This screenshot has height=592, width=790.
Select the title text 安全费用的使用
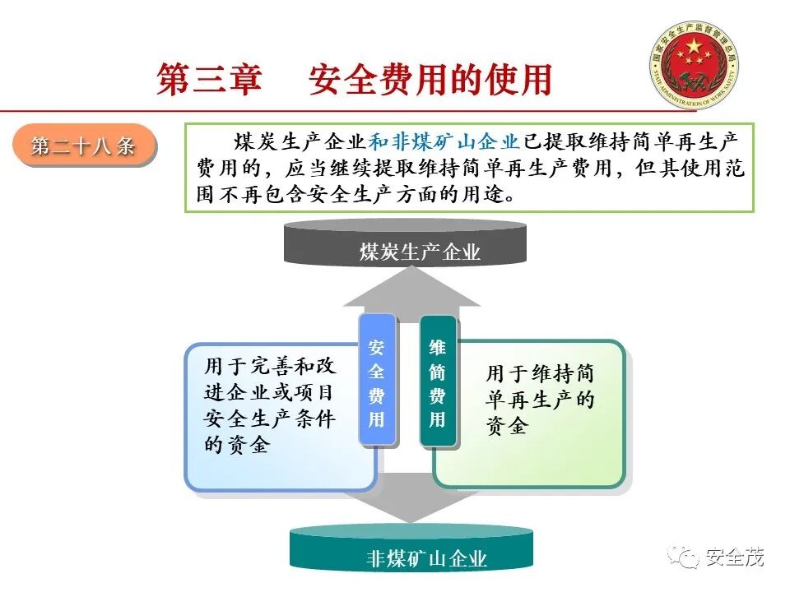(430, 80)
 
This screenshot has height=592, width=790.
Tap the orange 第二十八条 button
(83, 146)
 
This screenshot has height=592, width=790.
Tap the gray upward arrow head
(411, 289)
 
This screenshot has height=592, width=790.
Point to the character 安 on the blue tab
(376, 347)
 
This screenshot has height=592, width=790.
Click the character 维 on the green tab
(437, 347)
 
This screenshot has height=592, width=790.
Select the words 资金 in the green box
(506, 427)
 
